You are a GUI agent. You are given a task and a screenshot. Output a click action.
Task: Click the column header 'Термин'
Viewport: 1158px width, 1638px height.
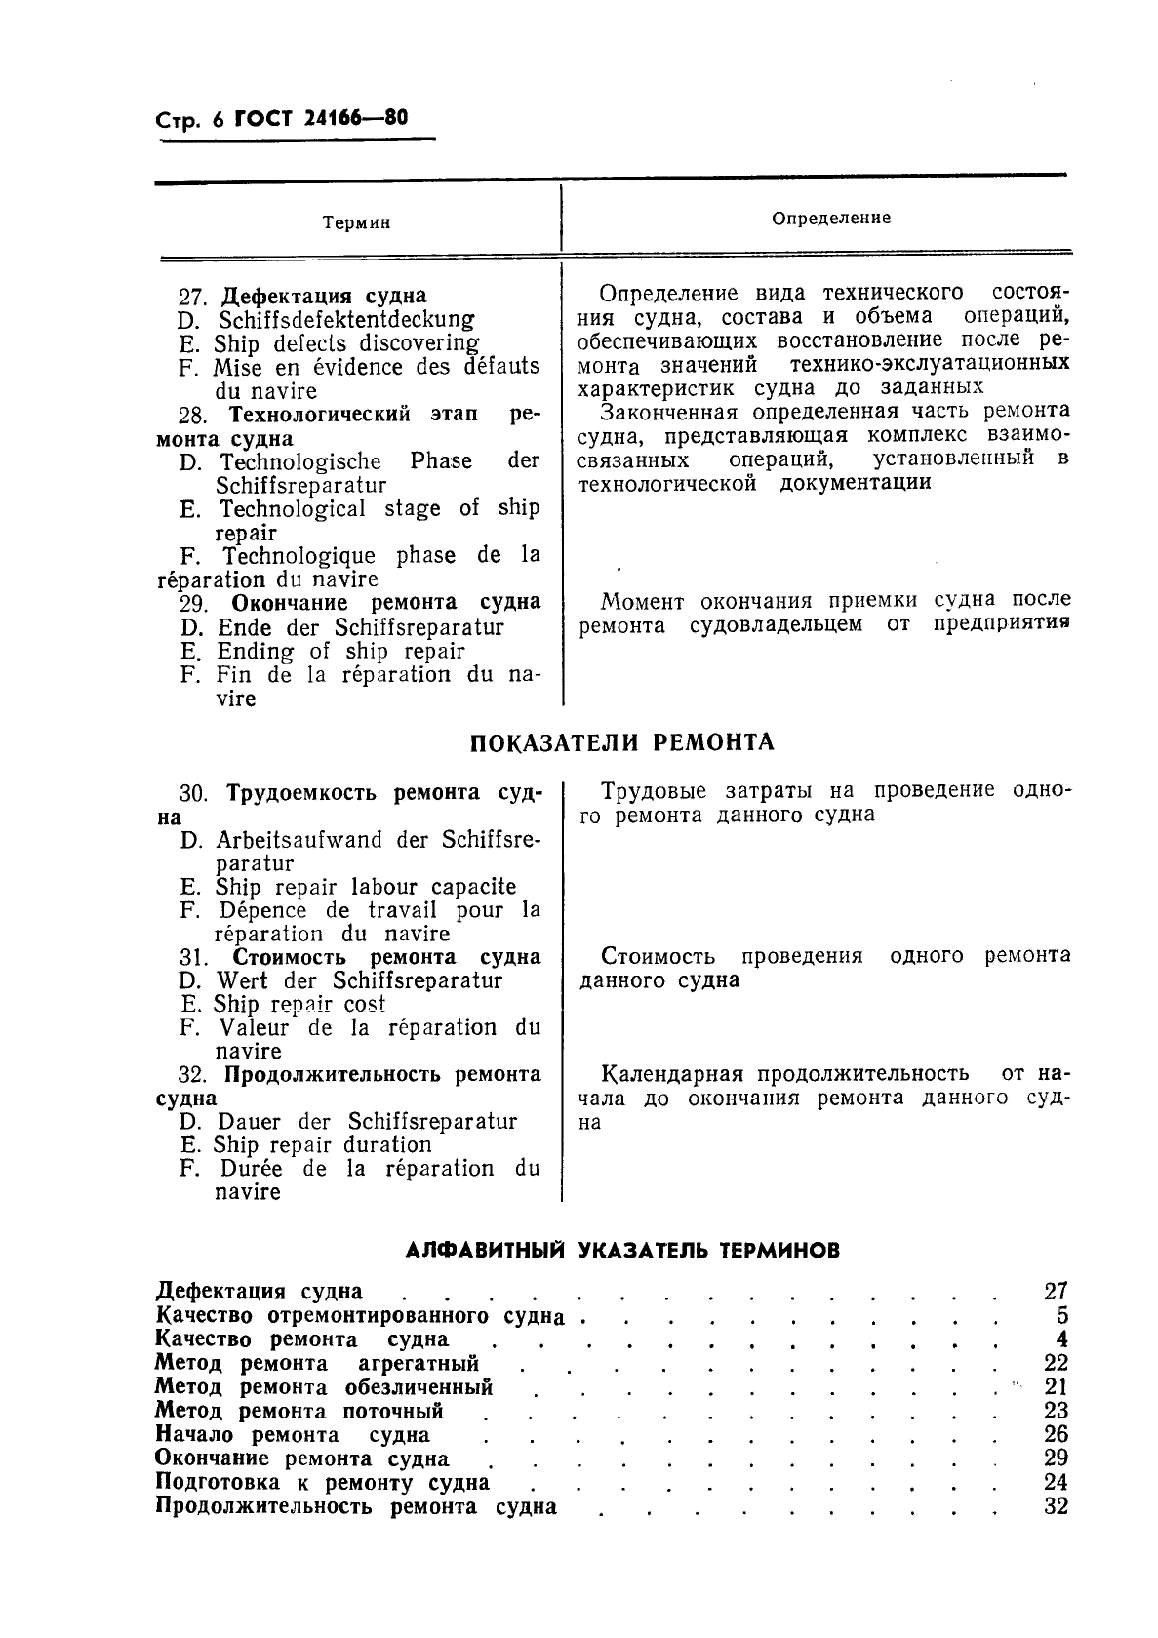pyautogui.click(x=356, y=222)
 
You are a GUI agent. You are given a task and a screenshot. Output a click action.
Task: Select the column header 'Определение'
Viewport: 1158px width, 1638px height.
pyautogui.click(x=831, y=219)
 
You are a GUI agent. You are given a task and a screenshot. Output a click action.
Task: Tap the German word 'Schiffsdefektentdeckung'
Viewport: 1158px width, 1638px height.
pyautogui.click(x=346, y=320)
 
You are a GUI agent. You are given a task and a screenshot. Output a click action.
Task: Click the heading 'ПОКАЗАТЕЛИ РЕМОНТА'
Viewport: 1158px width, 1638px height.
pyautogui.click(x=622, y=742)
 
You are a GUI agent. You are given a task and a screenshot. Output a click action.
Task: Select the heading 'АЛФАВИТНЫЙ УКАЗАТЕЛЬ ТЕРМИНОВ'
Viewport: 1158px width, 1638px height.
pyautogui.click(x=622, y=1250)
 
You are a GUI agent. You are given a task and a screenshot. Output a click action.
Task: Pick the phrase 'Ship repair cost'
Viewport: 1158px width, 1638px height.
pyautogui.click(x=299, y=1004)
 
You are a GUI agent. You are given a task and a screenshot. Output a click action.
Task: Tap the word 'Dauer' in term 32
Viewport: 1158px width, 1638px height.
pyautogui.click(x=250, y=1122)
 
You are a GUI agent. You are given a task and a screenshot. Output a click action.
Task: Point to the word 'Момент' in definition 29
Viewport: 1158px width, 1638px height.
pyautogui.click(x=643, y=602)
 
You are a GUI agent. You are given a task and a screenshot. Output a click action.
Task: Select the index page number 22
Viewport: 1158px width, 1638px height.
pyautogui.click(x=1056, y=1363)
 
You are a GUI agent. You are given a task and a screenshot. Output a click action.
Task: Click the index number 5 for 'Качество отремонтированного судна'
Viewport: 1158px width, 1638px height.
pyautogui.click(x=1061, y=1316)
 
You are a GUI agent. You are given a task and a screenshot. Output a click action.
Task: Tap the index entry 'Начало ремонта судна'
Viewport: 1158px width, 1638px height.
pyautogui.click(x=293, y=1435)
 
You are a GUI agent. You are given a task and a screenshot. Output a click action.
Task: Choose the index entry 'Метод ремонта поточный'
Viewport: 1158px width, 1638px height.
pyautogui.click(x=299, y=1411)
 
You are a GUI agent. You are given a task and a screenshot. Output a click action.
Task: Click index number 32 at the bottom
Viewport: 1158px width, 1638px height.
pyautogui.click(x=1056, y=1506)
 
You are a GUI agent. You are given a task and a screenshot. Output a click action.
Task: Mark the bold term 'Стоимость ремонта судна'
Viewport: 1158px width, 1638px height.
pyautogui.click(x=386, y=957)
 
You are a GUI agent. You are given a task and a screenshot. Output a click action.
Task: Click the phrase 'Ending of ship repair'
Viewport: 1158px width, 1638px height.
pyautogui.click(x=340, y=652)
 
